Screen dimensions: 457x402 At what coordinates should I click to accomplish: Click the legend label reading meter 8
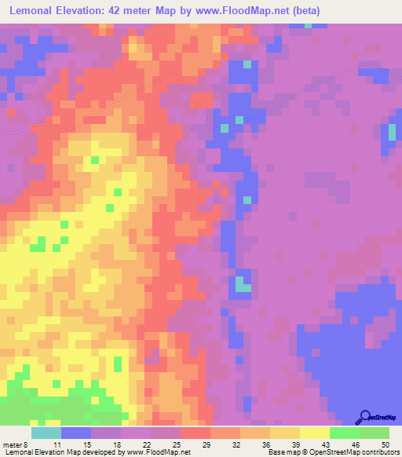pos(14,444)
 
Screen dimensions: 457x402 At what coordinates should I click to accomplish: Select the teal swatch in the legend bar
pos(46,433)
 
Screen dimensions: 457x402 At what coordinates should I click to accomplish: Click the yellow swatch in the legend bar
pos(315,433)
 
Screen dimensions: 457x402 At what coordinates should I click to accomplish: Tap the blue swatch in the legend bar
pos(75,433)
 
